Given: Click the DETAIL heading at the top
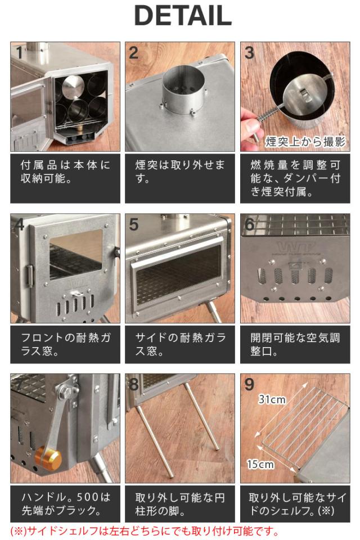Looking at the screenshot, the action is pos(183,16).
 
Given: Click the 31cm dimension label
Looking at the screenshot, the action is pos(272,399).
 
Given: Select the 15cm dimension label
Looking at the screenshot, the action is pos(260,464).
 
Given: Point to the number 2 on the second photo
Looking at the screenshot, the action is pos(134,53).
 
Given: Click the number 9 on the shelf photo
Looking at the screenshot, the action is pos(249,385).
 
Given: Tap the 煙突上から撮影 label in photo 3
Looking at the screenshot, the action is pos(305,142).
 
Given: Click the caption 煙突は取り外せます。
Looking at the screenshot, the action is pos(179,172).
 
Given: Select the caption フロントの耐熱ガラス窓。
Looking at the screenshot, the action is pos(65,344).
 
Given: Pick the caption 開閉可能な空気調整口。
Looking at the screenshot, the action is pos(295,344).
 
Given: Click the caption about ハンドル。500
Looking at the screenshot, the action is pos(65,503).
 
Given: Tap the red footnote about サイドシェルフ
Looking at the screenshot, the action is pos(145,530).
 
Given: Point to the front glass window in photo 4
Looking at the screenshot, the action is pos(76,254).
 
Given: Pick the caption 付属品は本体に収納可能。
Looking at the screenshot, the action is pos(65,172).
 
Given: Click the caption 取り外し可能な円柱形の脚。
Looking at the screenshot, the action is pos(179,503).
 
